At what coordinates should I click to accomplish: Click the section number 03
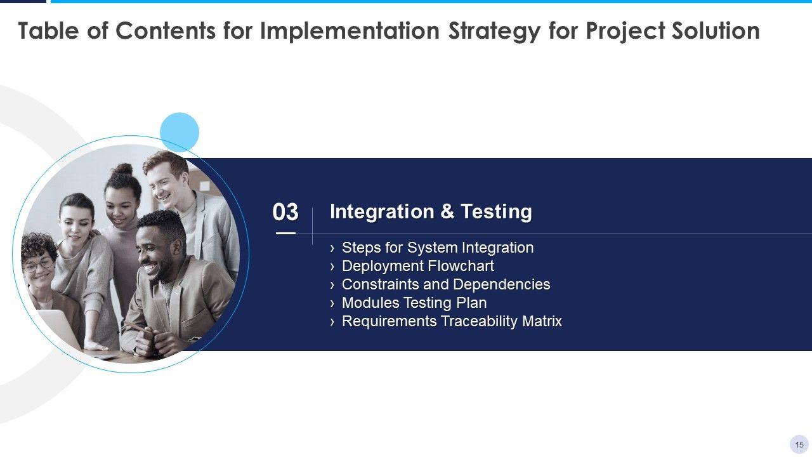pos(285,212)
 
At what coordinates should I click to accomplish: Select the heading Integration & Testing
pos(431,211)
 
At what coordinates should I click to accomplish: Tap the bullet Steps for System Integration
pos(438,248)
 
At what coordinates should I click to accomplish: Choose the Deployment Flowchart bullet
pos(417,266)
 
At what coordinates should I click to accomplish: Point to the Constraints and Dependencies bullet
pos(446,284)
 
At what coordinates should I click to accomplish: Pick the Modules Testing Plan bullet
pos(414,303)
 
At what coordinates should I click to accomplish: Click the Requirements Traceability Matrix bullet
pos(452,321)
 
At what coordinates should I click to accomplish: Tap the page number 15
pos(799,445)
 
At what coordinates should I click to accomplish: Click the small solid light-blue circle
pos(180,132)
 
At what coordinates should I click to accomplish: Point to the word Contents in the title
pos(166,30)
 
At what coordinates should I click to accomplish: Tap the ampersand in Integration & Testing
pos(447,211)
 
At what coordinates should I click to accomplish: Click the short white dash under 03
pos(285,233)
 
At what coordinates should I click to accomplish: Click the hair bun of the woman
pos(124,169)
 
